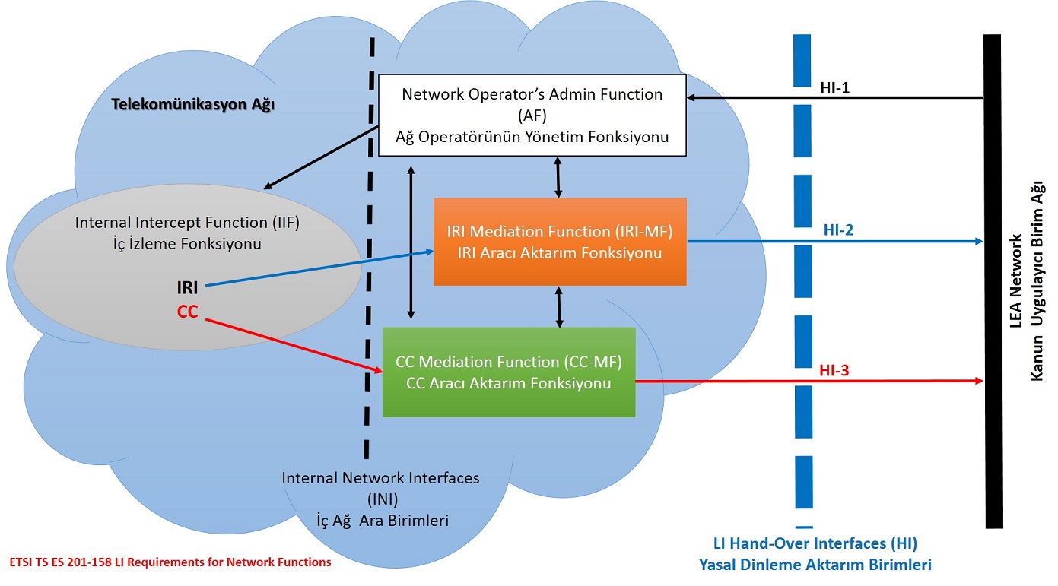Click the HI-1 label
[x=834, y=87]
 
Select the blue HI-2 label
[x=838, y=230]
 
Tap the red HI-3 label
[x=834, y=370]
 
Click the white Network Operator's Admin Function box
[x=532, y=115]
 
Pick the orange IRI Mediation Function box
[x=560, y=242]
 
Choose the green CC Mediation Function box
[x=509, y=372]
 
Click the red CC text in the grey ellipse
[x=188, y=312]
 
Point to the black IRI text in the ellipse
[x=188, y=287]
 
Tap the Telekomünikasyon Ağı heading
[x=192, y=104]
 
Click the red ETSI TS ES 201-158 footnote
[x=170, y=562]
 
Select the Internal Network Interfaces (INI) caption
[x=381, y=488]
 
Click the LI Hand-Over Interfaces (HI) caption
[x=815, y=543]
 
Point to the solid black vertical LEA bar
[x=993, y=281]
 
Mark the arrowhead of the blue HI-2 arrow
[x=980, y=242]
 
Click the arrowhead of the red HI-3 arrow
[x=980, y=381]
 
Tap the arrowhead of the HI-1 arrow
[x=691, y=97]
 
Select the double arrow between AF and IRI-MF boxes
[x=558, y=177]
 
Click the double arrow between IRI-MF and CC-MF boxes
[x=559, y=307]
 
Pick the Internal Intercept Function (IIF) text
[x=187, y=223]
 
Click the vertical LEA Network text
[x=1015, y=281]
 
